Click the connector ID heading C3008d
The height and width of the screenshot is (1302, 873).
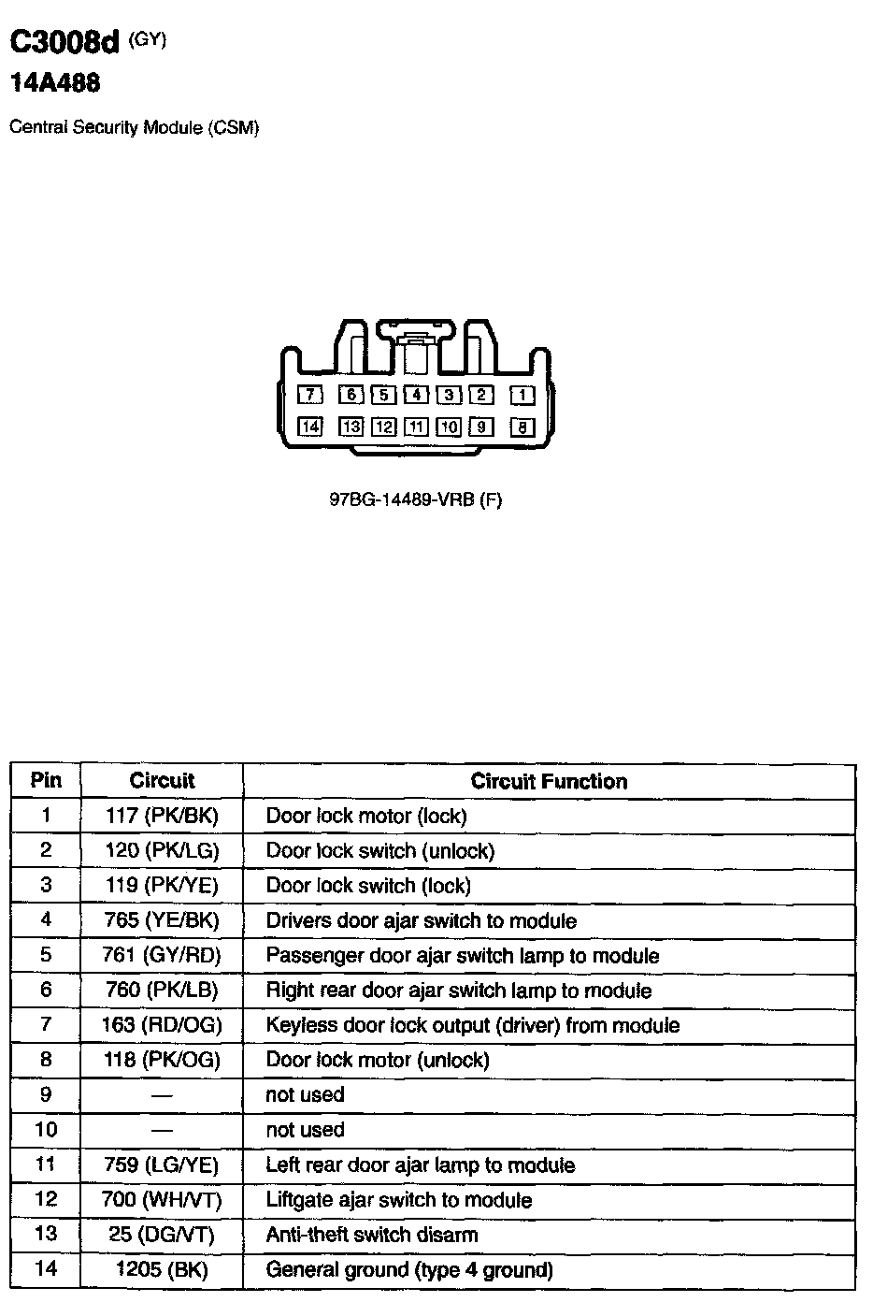(x=65, y=42)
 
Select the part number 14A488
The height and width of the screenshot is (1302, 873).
(x=54, y=83)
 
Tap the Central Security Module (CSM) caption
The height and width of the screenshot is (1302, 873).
(x=134, y=127)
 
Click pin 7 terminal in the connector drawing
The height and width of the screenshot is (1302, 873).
(x=310, y=395)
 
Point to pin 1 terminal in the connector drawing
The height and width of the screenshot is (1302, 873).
(x=522, y=396)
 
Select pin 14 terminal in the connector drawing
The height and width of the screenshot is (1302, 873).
(x=309, y=427)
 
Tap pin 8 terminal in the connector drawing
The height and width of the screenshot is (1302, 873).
(x=522, y=427)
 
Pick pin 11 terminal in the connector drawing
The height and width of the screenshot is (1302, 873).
(x=416, y=427)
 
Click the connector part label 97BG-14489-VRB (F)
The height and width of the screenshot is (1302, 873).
(x=416, y=499)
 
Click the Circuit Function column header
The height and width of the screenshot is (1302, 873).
(x=549, y=781)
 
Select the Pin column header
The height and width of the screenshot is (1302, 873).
(x=46, y=780)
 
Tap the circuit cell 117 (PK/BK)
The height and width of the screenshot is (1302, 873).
(x=162, y=816)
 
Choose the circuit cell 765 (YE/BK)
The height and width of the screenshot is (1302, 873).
(x=162, y=920)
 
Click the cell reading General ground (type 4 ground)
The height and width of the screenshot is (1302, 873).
(x=409, y=1270)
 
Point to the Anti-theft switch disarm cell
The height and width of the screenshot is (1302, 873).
(x=371, y=1235)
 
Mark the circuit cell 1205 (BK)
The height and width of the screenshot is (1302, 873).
(x=162, y=1270)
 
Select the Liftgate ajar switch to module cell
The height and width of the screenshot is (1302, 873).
(x=399, y=1200)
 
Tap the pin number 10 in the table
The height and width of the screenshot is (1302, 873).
(x=46, y=1130)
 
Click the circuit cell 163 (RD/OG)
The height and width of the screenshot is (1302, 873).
(x=162, y=1025)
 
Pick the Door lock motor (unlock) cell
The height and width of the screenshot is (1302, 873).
(x=378, y=1060)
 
